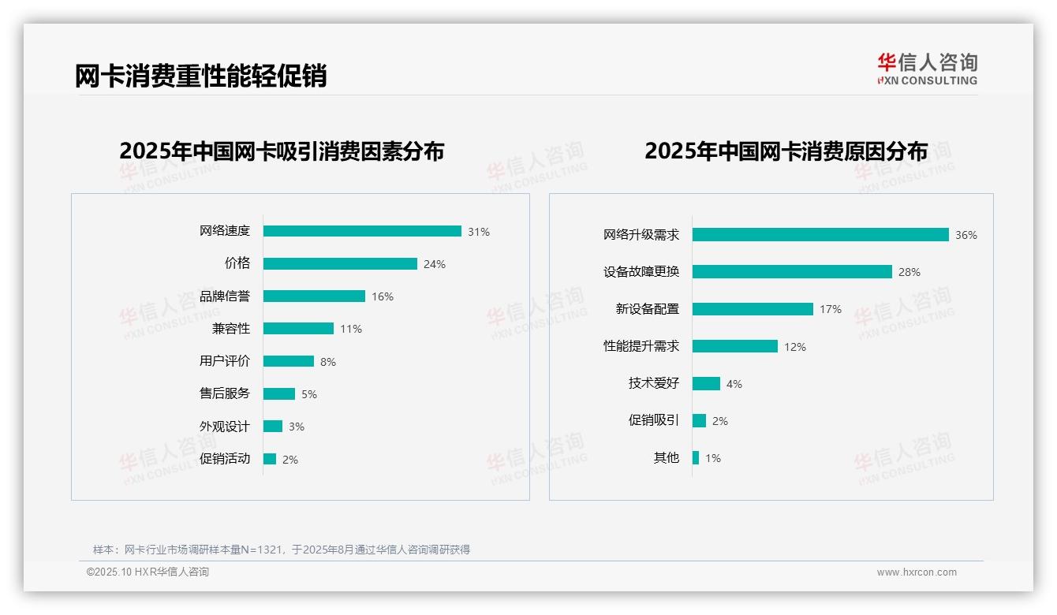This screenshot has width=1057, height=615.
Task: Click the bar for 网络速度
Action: pos(362,231)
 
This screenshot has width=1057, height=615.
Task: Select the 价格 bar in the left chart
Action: pos(340,264)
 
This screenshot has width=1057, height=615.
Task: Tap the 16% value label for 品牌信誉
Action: pos(383,296)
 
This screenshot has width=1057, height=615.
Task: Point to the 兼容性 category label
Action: pos(231,329)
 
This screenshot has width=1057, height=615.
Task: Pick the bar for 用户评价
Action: pos(289,361)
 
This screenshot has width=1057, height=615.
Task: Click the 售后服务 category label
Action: pos(225,393)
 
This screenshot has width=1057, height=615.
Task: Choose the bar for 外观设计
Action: pos(273,427)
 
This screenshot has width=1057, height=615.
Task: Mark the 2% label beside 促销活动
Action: pos(290,460)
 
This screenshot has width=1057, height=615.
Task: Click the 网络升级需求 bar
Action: pos(820,235)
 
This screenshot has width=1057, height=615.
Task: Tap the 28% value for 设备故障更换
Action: pos(909,272)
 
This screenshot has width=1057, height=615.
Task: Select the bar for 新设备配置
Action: pos(753,309)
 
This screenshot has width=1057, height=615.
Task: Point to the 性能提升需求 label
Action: pos(641,346)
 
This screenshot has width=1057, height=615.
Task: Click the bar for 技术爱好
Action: pos(706,383)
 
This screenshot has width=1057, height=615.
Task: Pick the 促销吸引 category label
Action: pos(654,420)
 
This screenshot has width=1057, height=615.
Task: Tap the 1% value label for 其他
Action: pos(713,458)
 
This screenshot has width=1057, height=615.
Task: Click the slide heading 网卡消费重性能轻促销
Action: pos(200,76)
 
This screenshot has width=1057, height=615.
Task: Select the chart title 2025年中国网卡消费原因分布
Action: pos(786,151)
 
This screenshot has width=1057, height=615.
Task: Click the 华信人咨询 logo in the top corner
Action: pos(927,69)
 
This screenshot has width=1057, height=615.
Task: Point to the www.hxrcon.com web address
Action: pos(917,572)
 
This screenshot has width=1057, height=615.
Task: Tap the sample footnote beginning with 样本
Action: pos(282,550)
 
